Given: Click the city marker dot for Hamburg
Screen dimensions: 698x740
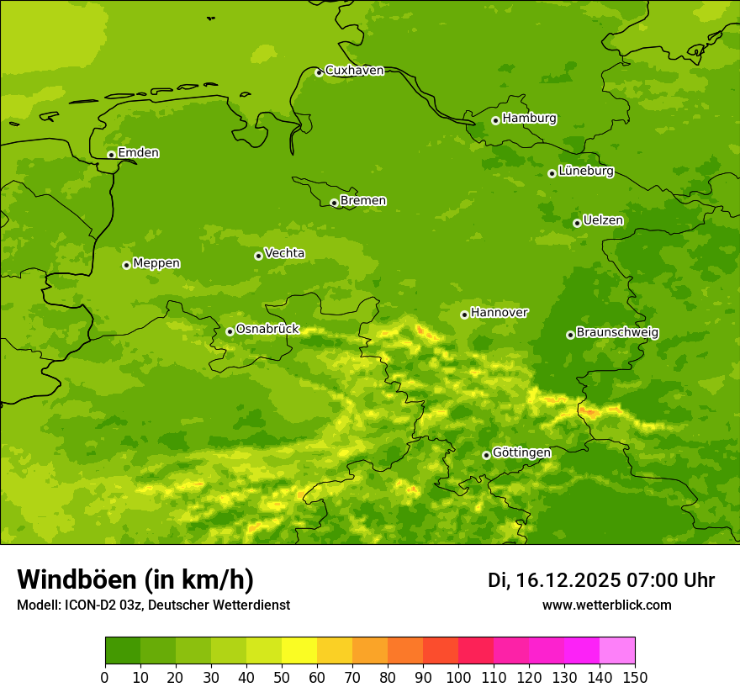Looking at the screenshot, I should pos(496,120).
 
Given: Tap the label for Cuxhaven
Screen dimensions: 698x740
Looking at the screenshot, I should pos(354,71).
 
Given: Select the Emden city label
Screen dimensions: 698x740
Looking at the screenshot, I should pos(138,153).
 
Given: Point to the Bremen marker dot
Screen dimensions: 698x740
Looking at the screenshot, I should pos(334,203).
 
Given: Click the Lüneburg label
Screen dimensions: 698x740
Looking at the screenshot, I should pos(586,172).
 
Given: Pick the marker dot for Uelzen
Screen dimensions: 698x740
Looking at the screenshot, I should pos(577,223).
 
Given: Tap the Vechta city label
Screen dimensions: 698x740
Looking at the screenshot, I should pos(284,253).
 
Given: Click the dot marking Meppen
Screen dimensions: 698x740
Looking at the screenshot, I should pos(126,265).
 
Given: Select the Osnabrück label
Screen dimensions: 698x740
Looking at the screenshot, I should pos(267,329).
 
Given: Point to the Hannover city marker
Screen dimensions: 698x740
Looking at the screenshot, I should pos(464,315).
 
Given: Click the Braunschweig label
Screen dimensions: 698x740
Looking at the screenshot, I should pos(617,333).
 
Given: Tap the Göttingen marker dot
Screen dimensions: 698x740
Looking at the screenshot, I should pos(486,455).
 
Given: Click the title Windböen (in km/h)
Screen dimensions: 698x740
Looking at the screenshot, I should pos(135,579).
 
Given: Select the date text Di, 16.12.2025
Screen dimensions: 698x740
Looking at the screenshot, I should pos(554,580).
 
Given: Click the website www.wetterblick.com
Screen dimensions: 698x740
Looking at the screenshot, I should pos(606,605).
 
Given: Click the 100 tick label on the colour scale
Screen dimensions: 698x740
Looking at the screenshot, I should pos(458,677).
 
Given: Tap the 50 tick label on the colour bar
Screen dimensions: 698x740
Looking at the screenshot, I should pos(282,677).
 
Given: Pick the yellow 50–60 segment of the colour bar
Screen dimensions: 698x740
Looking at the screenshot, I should pos(299,651).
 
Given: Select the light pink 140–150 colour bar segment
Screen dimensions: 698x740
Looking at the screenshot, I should pos(617,651).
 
